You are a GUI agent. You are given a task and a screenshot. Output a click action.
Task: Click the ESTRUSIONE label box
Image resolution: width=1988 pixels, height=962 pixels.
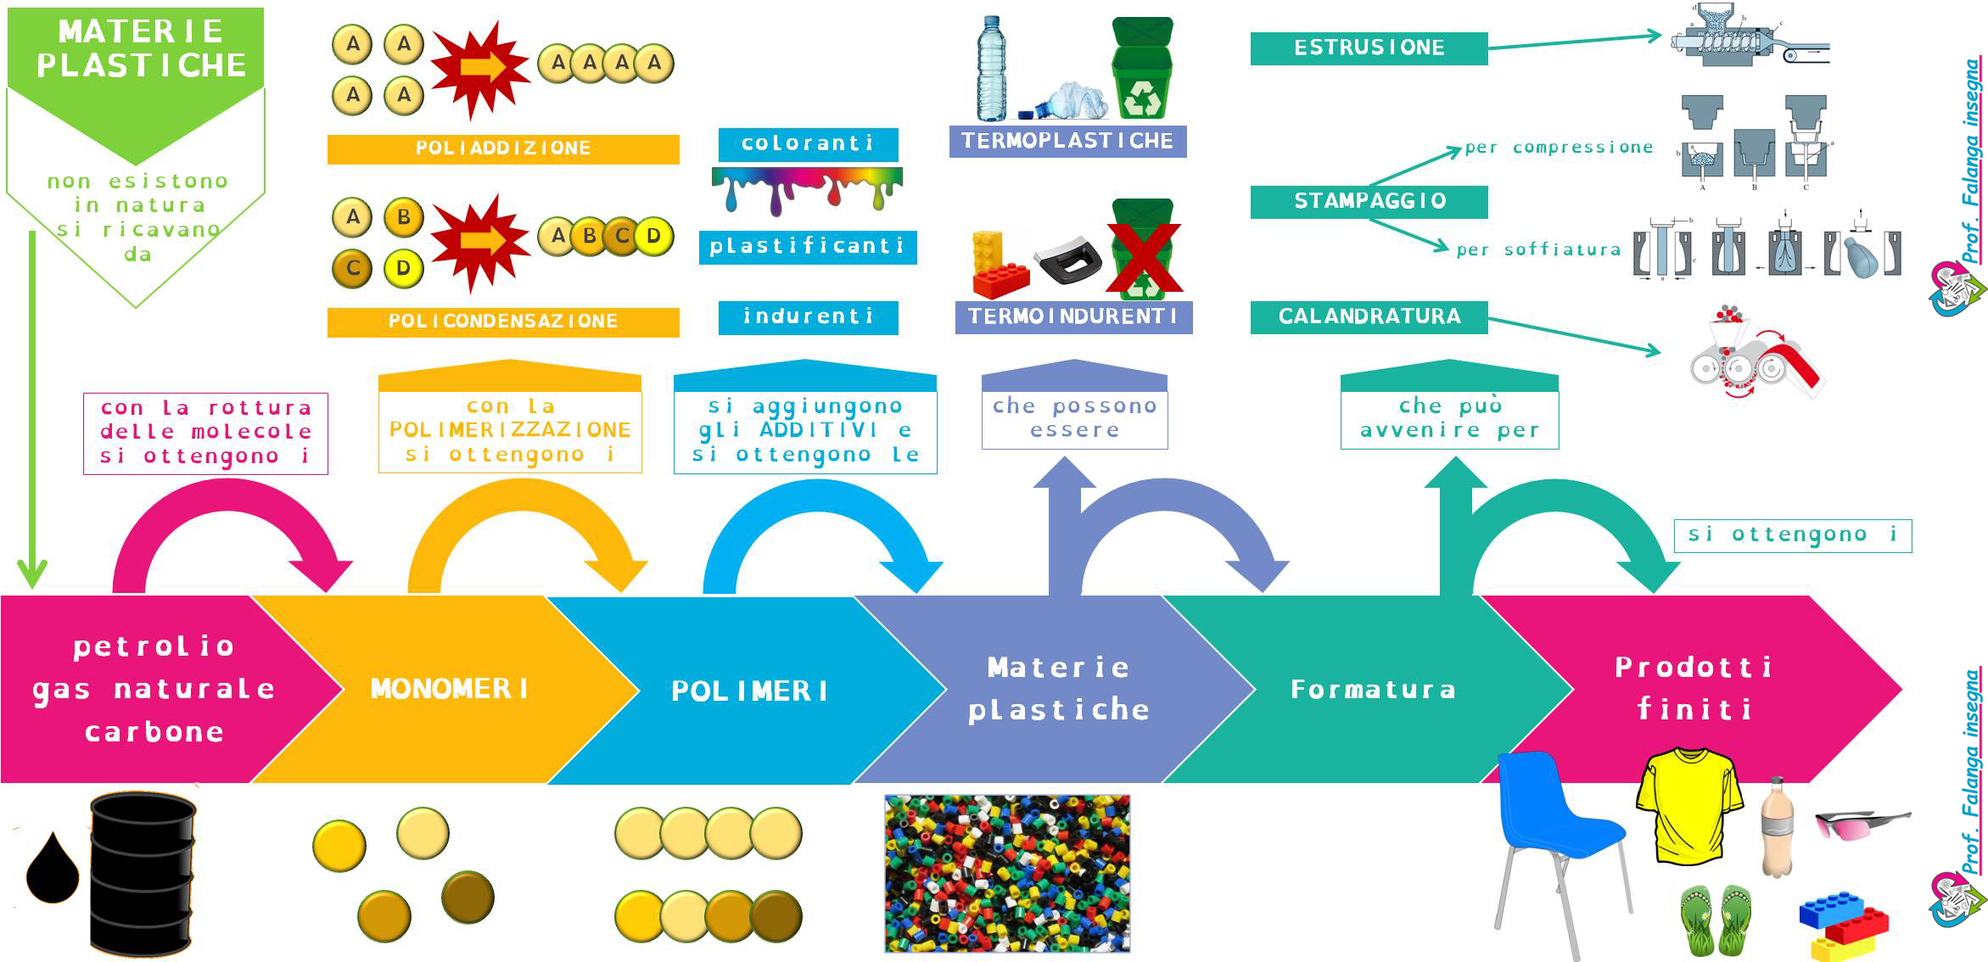1369,48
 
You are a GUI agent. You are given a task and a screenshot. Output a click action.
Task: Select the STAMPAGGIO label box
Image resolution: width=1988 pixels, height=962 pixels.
1369,201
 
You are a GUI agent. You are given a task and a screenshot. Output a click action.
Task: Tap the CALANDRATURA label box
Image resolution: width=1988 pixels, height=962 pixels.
1369,316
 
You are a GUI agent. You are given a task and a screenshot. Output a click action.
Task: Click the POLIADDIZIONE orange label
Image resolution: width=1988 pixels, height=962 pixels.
503,148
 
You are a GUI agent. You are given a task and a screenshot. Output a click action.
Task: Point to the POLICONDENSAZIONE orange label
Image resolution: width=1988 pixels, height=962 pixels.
503,322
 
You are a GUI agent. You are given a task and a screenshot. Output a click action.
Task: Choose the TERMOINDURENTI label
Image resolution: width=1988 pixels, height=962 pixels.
1073,316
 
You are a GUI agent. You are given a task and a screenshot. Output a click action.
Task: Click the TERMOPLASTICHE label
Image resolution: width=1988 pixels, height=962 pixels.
1067,141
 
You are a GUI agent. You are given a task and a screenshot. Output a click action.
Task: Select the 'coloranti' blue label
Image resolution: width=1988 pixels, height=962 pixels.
808,143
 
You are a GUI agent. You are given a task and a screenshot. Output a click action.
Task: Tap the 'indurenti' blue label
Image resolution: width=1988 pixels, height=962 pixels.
808,316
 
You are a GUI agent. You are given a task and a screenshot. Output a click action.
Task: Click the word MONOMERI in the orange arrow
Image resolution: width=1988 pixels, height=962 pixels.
450,689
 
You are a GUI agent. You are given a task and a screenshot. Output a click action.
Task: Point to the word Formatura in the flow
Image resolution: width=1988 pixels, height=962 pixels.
1373,689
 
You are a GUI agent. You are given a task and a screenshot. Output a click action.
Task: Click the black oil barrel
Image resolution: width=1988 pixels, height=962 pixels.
143,874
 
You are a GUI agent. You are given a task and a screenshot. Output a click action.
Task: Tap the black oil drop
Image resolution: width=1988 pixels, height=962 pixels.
53,870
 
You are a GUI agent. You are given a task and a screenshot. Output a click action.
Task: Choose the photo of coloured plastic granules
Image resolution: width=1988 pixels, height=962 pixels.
1007,873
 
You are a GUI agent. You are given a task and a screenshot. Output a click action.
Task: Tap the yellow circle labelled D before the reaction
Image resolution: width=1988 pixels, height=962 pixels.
403,269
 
